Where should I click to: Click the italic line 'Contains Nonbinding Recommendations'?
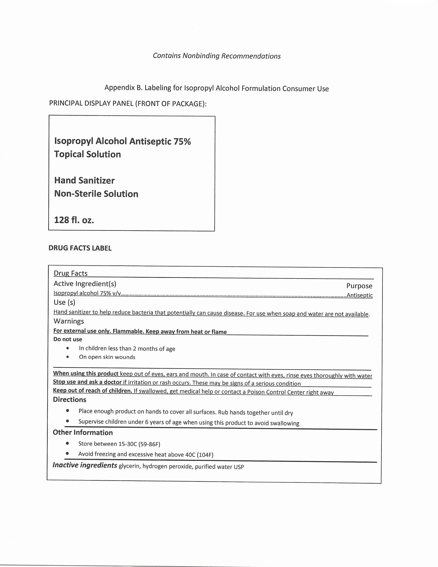pyautogui.click(x=217, y=56)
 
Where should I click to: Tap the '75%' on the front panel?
pyautogui.click(x=182, y=141)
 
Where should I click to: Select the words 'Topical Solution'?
pyautogui.click(x=87, y=154)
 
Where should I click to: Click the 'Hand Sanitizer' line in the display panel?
pyautogui.click(x=84, y=180)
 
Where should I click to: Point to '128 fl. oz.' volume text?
pyautogui.click(x=74, y=220)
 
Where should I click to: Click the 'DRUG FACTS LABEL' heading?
pyautogui.click(x=80, y=248)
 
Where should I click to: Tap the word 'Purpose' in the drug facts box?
pyautogui.click(x=359, y=286)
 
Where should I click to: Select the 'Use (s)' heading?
pyautogui.click(x=64, y=302)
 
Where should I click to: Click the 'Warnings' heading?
pyautogui.click(x=69, y=321)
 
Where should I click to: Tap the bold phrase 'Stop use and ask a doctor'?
pyautogui.click(x=87, y=382)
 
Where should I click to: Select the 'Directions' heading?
pyautogui.click(x=70, y=400)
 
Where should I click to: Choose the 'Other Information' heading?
pyautogui.click(x=83, y=432)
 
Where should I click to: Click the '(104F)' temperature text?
pyautogui.click(x=205, y=455)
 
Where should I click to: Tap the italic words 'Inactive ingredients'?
pyautogui.click(x=85, y=465)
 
